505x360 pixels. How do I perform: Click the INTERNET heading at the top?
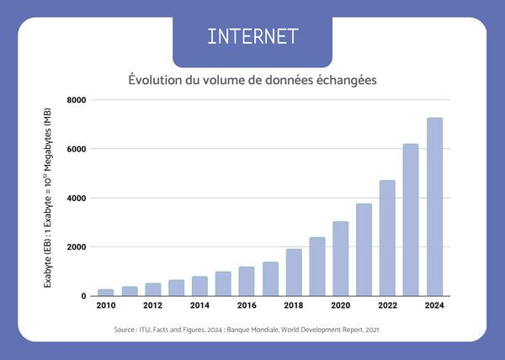252,36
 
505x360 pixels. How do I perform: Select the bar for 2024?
434,207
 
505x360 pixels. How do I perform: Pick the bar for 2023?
411,220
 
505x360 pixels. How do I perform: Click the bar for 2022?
387,238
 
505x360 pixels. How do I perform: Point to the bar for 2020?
340,258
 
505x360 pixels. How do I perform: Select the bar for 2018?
294,273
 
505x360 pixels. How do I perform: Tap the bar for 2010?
106,293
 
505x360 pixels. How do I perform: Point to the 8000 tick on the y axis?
77,100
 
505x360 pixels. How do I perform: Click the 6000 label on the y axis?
77,149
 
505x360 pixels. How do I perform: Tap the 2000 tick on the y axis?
77,247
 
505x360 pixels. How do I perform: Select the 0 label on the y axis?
82,296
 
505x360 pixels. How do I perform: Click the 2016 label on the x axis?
247,305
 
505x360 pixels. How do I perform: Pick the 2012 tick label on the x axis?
152,305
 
